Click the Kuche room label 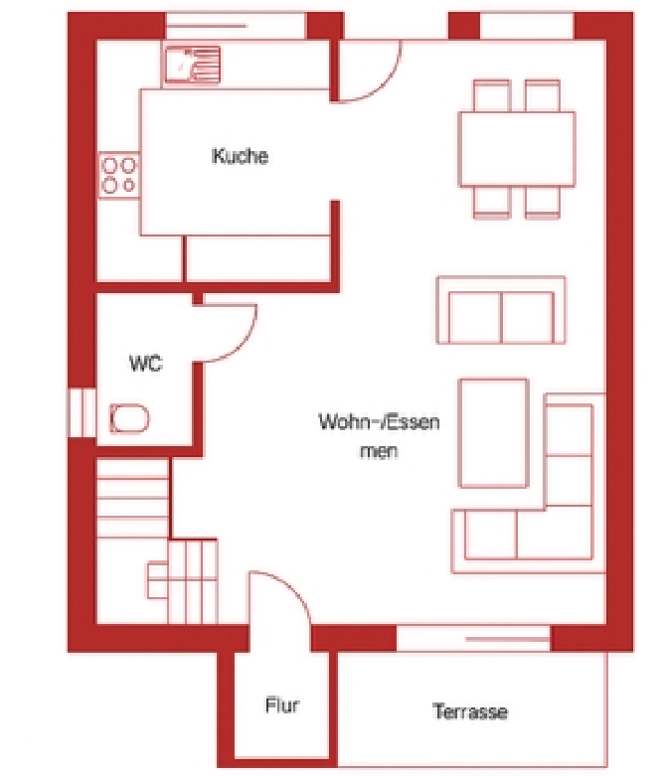[240, 156]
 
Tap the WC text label [144, 364]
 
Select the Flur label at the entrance [281, 706]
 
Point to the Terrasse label [470, 711]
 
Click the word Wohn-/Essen [379, 421]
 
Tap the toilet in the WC [130, 418]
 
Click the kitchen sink [191, 66]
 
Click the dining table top [516, 147]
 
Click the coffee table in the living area [492, 433]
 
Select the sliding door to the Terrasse [473, 638]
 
